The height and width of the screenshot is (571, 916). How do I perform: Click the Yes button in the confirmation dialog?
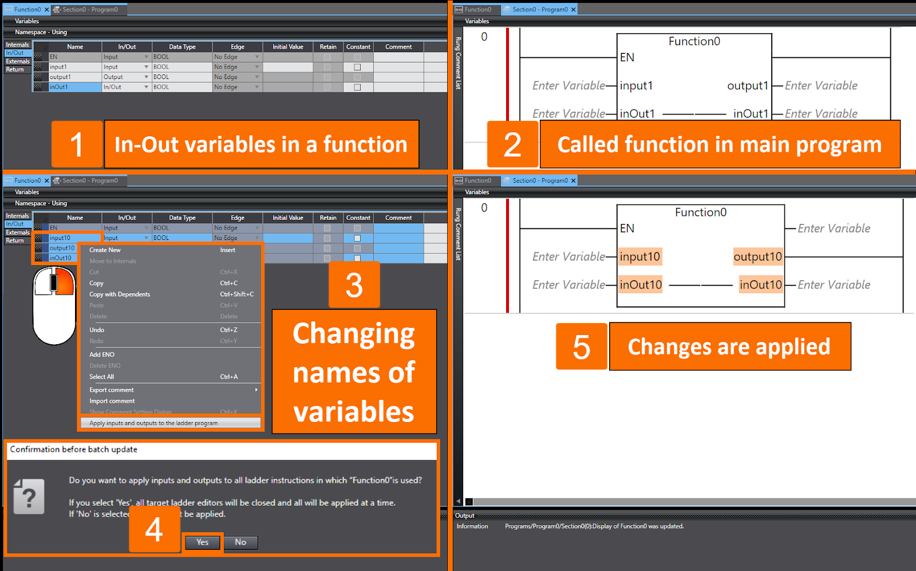click(x=203, y=542)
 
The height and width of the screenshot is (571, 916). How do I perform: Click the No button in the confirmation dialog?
click(x=240, y=542)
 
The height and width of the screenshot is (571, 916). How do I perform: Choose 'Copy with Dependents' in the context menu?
click(x=120, y=294)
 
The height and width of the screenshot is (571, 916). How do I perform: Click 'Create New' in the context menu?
click(x=105, y=250)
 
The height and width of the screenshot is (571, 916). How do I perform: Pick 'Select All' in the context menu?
click(x=101, y=377)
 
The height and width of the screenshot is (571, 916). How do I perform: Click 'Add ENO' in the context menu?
click(x=102, y=355)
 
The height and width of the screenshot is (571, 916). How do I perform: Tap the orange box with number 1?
click(x=77, y=144)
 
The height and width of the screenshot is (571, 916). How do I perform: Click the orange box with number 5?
click(x=581, y=346)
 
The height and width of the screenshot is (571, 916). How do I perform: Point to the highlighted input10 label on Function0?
click(x=639, y=257)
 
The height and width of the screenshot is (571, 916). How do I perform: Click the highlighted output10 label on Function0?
click(x=757, y=257)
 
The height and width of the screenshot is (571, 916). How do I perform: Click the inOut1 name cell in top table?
click(x=74, y=87)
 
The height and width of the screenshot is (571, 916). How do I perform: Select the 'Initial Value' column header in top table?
click(x=288, y=47)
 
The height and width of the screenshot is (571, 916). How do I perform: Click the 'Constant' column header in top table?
click(x=358, y=47)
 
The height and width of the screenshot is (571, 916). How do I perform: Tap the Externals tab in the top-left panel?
click(x=18, y=61)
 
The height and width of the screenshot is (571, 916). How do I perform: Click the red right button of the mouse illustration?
click(x=65, y=281)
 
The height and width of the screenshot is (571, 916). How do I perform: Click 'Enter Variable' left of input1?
click(x=568, y=85)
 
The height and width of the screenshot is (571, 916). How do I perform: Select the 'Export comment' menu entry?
click(x=112, y=390)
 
